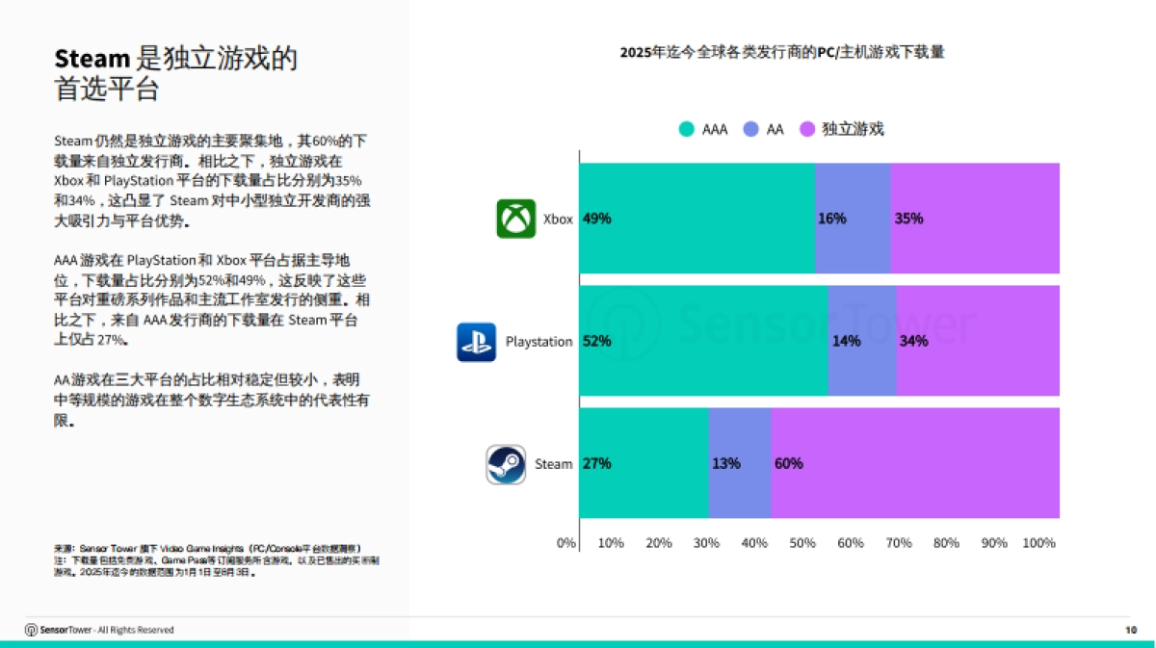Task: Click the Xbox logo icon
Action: [x=515, y=219]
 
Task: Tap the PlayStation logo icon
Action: [x=476, y=342]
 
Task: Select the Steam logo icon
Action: [x=506, y=464]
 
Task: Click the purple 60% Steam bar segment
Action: [x=915, y=463]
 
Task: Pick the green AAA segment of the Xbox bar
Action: [x=696, y=219]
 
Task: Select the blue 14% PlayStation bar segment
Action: [x=862, y=341]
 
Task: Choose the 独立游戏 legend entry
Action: [x=842, y=129]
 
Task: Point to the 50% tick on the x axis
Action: [x=802, y=543]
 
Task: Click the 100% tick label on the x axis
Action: [x=1038, y=543]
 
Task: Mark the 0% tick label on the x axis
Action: [x=566, y=543]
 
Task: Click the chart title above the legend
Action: [x=781, y=52]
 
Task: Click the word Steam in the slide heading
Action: [x=92, y=59]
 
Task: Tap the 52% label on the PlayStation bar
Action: [x=597, y=341]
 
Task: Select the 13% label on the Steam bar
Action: [x=725, y=463]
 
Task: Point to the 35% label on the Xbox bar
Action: [x=908, y=219]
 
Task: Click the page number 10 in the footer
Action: [x=1131, y=630]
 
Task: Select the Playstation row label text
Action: [x=539, y=342]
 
